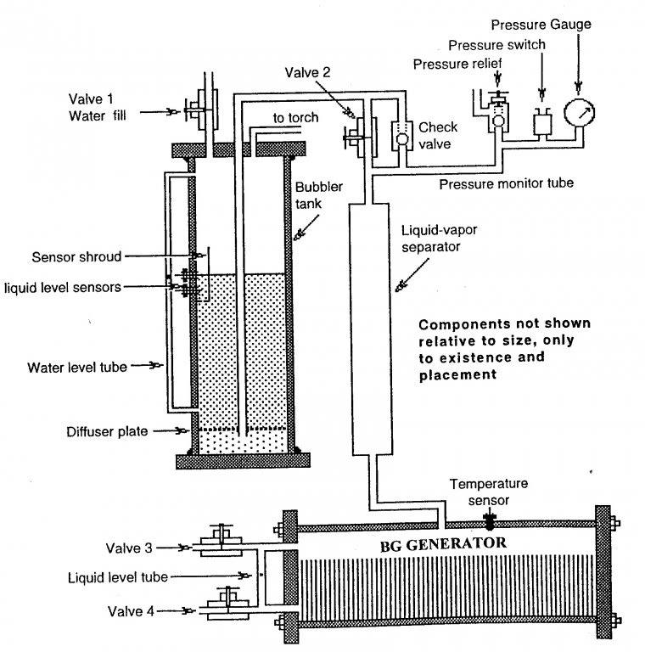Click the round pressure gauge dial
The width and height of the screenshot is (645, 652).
579,112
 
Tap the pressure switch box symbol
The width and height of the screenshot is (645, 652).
542,122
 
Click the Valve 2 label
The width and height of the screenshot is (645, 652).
307,73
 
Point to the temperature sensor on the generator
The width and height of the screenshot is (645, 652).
490,521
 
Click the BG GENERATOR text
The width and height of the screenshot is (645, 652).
443,544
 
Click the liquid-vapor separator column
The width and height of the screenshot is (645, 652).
371,329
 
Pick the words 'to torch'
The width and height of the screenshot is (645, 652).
295,118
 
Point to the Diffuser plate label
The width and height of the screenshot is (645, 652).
107,431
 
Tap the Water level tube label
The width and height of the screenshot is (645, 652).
77,368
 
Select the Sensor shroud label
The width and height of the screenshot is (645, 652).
77,257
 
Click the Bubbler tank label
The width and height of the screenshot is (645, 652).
318,195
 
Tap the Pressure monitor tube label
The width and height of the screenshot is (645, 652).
506,183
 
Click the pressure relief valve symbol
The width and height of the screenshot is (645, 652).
498,111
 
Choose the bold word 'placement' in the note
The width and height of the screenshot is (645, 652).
457,375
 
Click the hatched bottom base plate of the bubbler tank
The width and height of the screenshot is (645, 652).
243,461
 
